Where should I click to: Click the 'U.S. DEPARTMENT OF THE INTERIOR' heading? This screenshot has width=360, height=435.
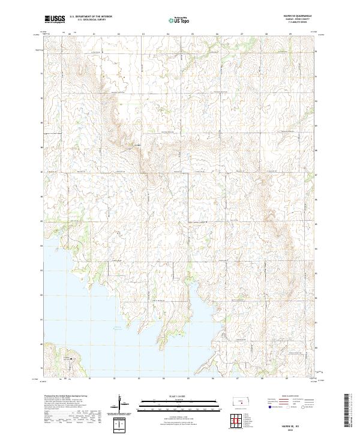coord(91,17)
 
